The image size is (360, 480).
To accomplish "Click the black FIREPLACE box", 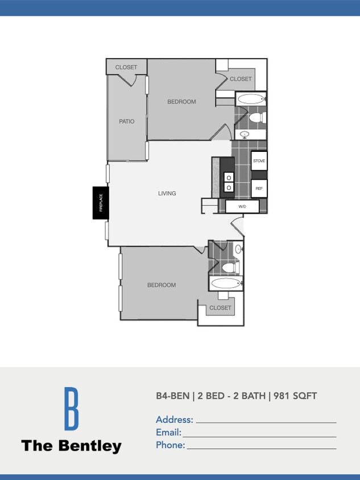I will click(x=101, y=202).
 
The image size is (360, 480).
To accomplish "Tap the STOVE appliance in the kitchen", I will click(x=259, y=161).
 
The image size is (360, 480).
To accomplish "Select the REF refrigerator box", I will click(x=259, y=188).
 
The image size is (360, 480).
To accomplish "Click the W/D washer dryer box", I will click(x=242, y=206).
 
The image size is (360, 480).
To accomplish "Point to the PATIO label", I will click(x=127, y=121).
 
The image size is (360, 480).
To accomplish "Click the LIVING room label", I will click(x=167, y=193).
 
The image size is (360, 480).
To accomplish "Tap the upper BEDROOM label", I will click(x=181, y=102).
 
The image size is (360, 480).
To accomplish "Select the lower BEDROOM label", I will click(x=162, y=285).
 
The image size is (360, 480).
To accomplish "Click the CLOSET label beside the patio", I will click(x=126, y=67).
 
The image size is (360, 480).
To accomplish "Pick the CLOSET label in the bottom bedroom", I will click(x=220, y=308).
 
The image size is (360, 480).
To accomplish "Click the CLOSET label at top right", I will click(x=241, y=79).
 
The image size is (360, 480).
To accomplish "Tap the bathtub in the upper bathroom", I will click(x=250, y=99).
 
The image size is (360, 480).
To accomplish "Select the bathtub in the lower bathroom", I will click(x=226, y=283).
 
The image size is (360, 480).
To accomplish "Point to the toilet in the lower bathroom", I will click(x=230, y=267).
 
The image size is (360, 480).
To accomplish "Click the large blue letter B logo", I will click(x=71, y=408).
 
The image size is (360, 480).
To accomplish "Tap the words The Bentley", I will click(x=71, y=445).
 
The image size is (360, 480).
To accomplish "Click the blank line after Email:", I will click(x=259, y=436).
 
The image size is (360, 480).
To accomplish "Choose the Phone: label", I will click(x=171, y=445).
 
